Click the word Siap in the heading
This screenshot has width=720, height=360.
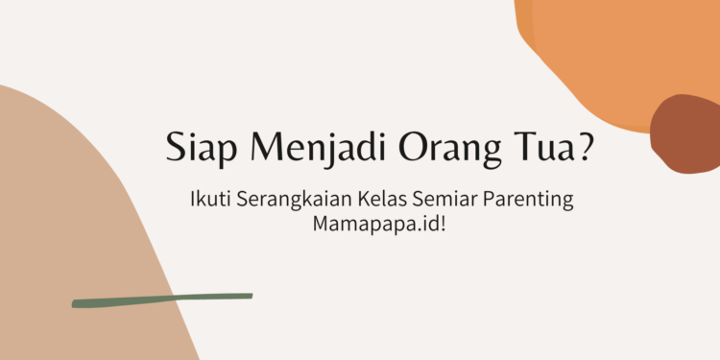(197, 151)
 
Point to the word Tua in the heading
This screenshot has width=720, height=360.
(543, 149)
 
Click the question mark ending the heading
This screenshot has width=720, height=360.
(585, 149)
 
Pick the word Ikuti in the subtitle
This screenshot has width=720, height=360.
(206, 202)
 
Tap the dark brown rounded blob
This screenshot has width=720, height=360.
(685, 134)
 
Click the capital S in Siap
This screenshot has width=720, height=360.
(176, 149)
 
